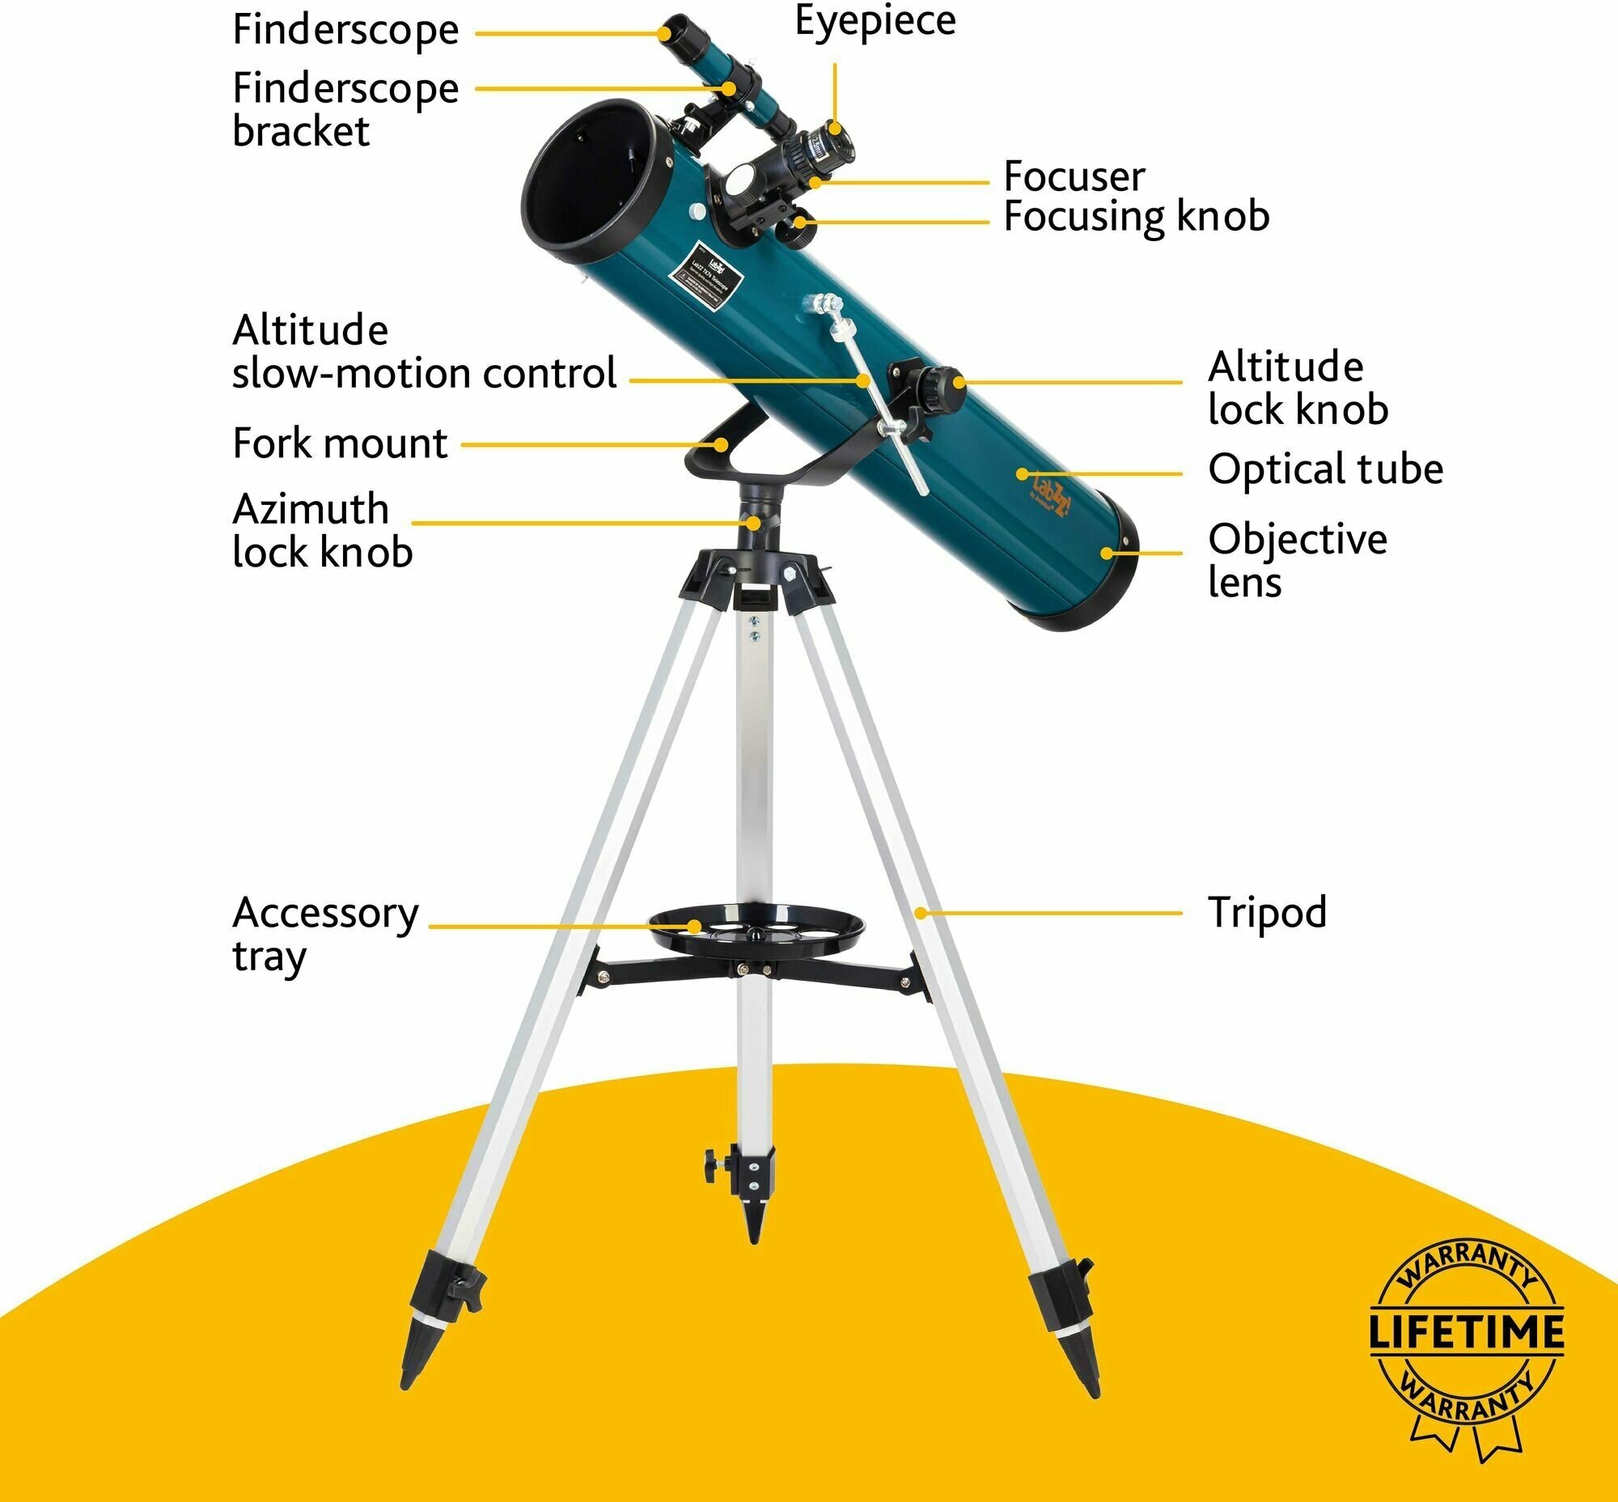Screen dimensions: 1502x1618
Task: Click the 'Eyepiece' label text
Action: click(875, 21)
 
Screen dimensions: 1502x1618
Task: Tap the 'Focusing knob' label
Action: click(1135, 217)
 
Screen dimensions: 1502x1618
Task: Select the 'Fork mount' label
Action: click(340, 443)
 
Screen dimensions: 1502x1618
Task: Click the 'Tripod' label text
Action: click(1266, 912)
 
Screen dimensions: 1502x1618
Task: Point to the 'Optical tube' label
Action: click(1324, 470)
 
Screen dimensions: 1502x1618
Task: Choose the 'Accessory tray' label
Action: click(325, 934)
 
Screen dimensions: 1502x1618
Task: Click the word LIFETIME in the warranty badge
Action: click(1467, 1330)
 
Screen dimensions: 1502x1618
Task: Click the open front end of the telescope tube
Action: click(597, 175)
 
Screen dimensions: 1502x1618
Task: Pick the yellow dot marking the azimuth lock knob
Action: click(755, 523)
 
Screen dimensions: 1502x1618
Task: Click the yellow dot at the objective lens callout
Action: click(1106, 554)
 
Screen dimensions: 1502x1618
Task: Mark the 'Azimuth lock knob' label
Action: click(322, 531)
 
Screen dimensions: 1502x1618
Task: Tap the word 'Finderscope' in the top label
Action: click(345, 31)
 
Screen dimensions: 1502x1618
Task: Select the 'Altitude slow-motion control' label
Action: click(423, 352)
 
